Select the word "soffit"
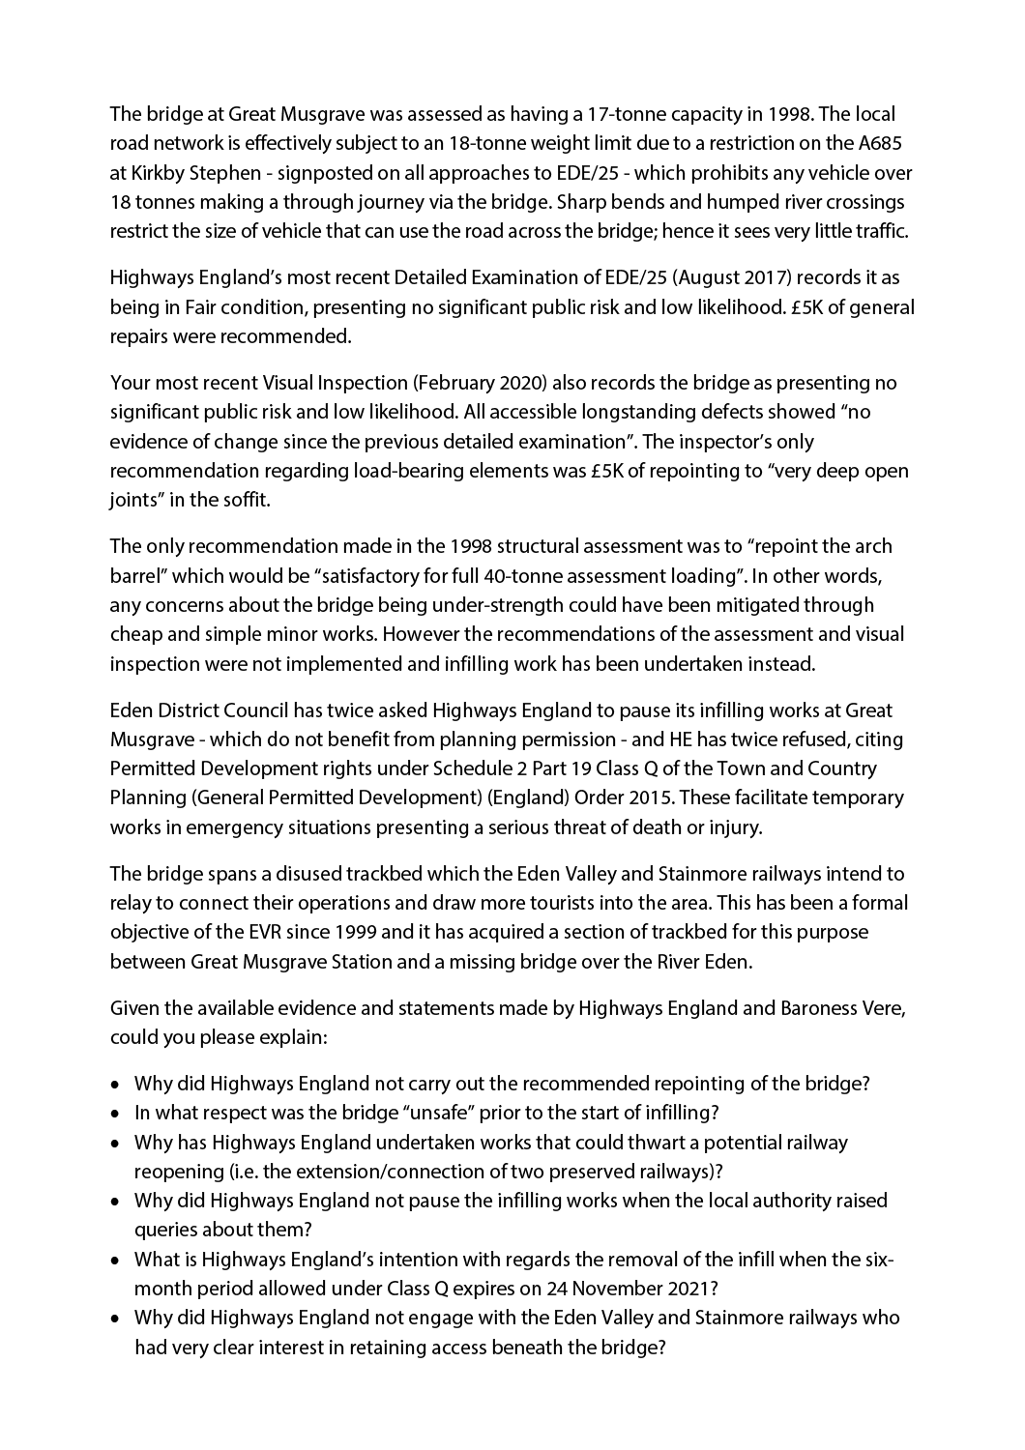coord(243,502)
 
